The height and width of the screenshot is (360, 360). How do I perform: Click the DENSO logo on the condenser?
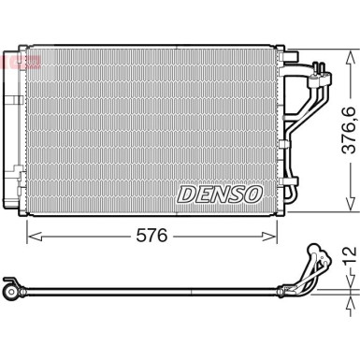tap(220, 194)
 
